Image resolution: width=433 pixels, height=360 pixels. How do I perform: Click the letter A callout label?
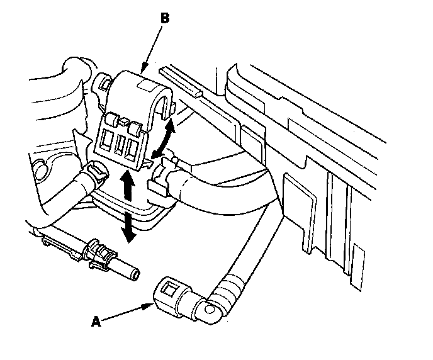[96, 322]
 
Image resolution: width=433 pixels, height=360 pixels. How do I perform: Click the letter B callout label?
[165, 18]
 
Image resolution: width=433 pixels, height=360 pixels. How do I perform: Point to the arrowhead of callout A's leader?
[152, 305]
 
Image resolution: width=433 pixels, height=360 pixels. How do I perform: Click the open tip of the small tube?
[135, 273]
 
